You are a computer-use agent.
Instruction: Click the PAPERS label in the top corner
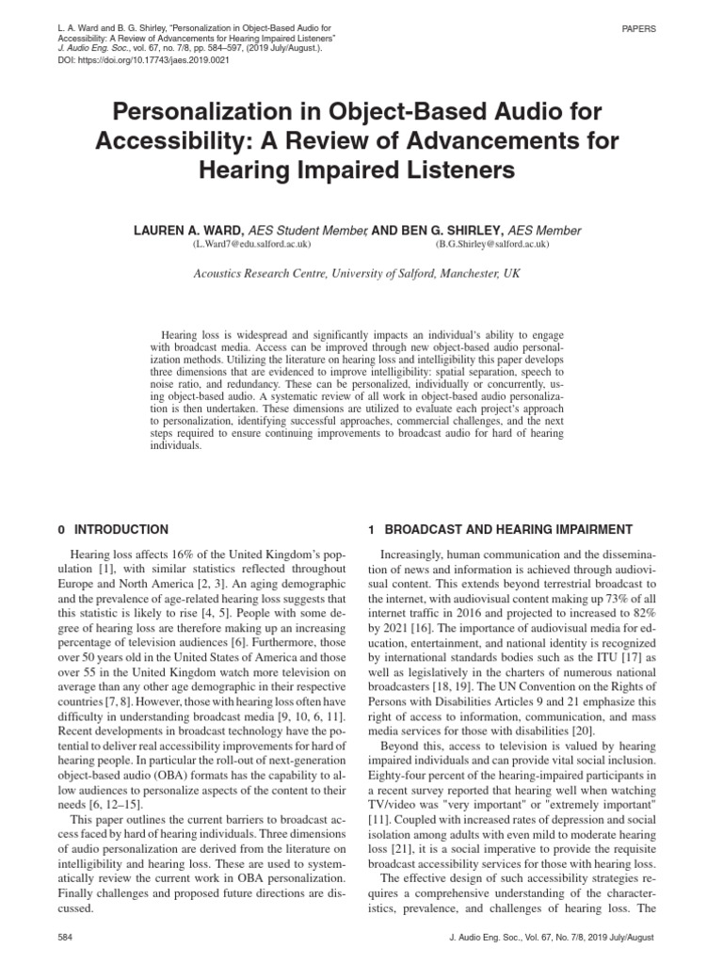pos(638,29)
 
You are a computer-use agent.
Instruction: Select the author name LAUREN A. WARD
pos(193,231)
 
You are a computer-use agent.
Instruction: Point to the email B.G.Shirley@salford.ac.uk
pos(492,244)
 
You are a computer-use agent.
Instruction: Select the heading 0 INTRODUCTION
pos(114,530)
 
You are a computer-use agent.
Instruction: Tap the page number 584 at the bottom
pos(66,940)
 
